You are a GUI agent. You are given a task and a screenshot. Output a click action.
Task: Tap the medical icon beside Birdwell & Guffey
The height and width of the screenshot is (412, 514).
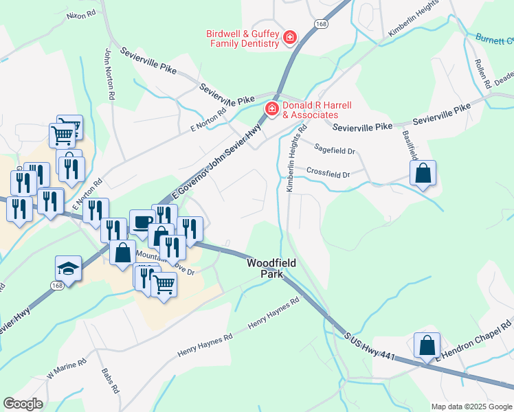tap(290, 37)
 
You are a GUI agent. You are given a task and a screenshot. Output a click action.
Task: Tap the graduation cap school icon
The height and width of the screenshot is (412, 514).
tap(69, 268)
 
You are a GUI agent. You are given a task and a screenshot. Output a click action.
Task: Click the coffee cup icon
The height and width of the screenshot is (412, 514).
tap(142, 222)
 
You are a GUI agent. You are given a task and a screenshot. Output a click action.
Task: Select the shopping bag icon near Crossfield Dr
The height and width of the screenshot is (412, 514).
tap(423, 173)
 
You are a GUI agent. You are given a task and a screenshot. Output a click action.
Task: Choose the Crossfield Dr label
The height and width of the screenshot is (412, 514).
tap(328, 172)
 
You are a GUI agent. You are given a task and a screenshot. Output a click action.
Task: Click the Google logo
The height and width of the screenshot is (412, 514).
tap(23, 404)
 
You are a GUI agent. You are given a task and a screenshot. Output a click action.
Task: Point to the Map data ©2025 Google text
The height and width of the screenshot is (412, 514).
tap(471, 407)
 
